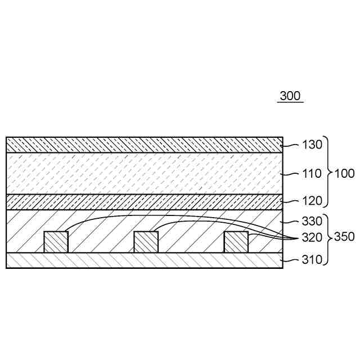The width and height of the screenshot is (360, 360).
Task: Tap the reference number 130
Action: pos(312,144)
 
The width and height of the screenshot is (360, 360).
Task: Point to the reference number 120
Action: pos(312,200)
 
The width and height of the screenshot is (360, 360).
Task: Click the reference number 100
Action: pos(344,173)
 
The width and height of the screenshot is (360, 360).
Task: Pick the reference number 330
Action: pos(312,220)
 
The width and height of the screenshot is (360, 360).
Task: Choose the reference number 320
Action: pos(312,237)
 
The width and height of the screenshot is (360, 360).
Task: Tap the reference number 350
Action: pos(344,237)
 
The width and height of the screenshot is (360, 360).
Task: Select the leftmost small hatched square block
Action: pos(56,242)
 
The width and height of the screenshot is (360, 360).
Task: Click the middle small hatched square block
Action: pos(146,242)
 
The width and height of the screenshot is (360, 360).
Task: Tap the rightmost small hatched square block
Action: pos(236,242)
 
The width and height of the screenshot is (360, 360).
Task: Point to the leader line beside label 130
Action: pos(290,145)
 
